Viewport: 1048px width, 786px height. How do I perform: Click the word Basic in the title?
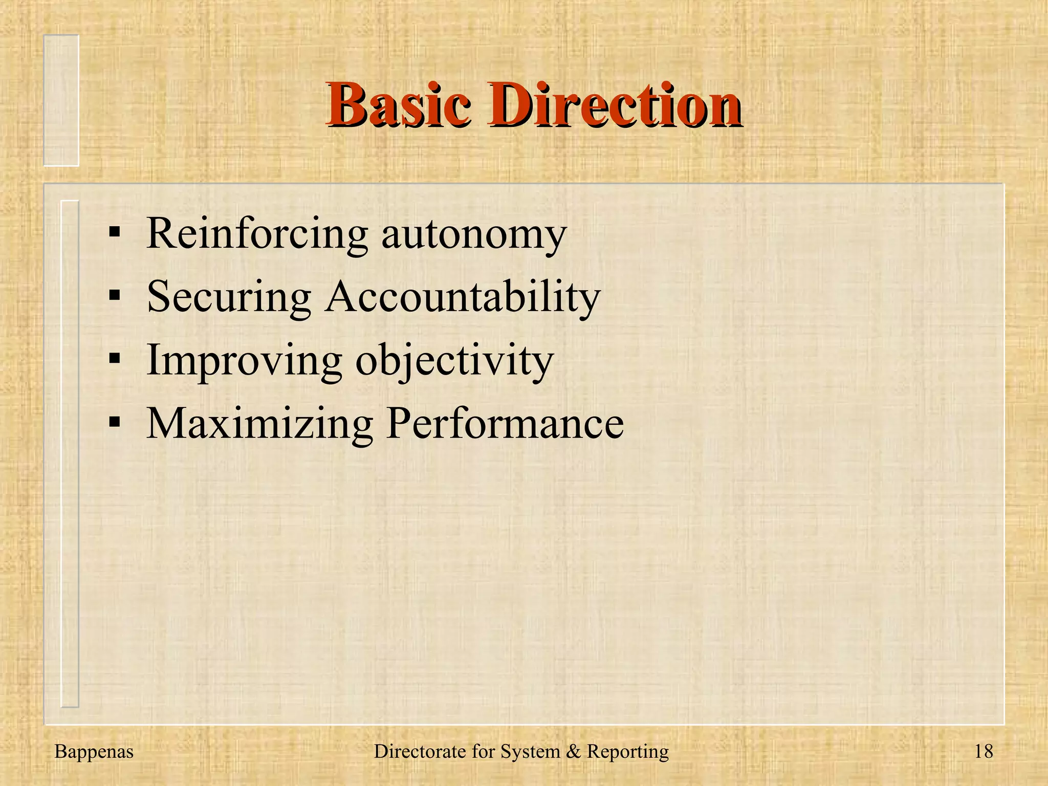tap(398, 105)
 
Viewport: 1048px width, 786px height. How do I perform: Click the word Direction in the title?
tap(614, 105)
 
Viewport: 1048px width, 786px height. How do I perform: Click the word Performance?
tap(505, 424)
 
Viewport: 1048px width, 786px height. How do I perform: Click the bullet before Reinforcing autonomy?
tap(115, 232)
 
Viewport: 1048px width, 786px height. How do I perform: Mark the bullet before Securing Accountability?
tap(115, 296)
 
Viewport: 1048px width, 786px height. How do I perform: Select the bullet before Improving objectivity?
tap(115, 359)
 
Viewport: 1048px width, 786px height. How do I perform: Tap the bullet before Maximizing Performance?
tap(115, 423)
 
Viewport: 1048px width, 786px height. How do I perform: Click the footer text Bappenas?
tap(94, 752)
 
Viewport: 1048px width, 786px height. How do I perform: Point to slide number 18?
tap(983, 752)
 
